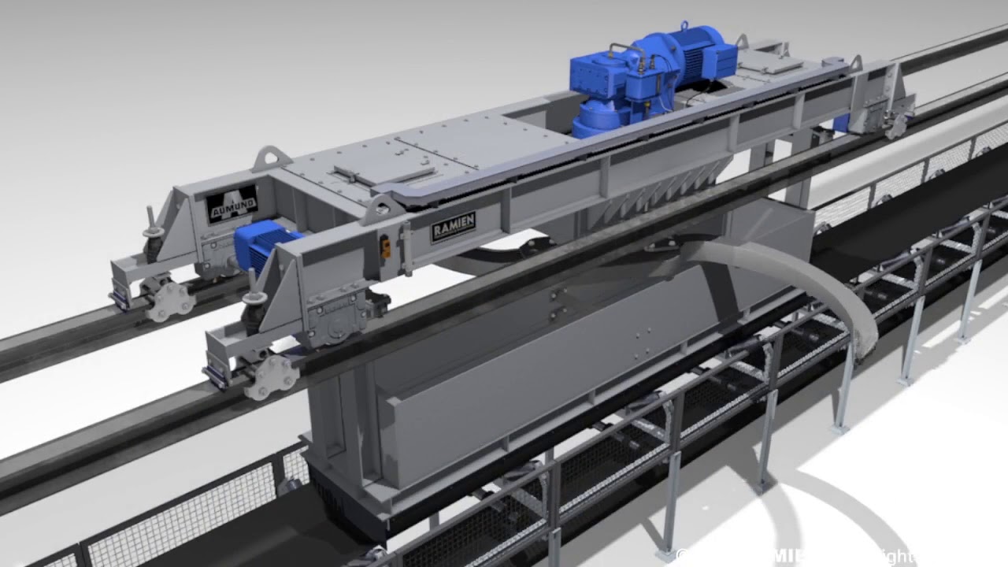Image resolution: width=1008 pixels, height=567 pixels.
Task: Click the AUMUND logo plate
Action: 232,204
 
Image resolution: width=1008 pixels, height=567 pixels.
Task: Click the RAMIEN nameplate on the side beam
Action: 453,227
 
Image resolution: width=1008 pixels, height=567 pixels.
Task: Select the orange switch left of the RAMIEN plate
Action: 385,246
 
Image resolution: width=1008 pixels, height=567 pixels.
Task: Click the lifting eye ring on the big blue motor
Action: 684,27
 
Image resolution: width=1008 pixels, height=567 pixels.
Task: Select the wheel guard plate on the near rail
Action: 269,376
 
